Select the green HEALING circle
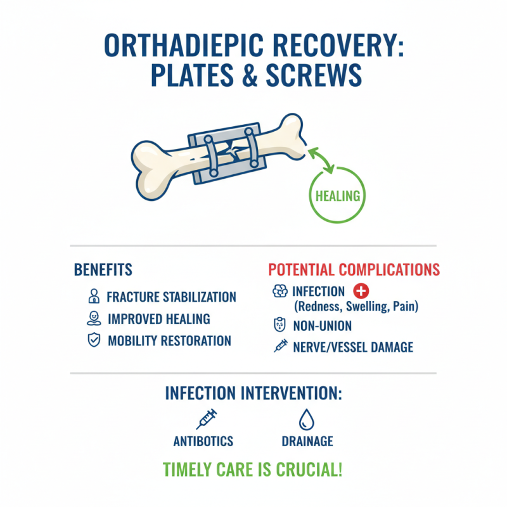(x=337, y=195)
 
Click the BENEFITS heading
(x=103, y=269)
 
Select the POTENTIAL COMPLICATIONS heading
(x=354, y=269)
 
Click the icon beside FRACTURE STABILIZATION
(x=93, y=297)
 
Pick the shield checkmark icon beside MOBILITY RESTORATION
(x=93, y=340)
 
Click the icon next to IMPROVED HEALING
(x=93, y=318)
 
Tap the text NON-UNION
(x=322, y=326)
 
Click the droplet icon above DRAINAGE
(x=307, y=419)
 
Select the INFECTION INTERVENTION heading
(x=253, y=393)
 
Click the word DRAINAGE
(x=307, y=441)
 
